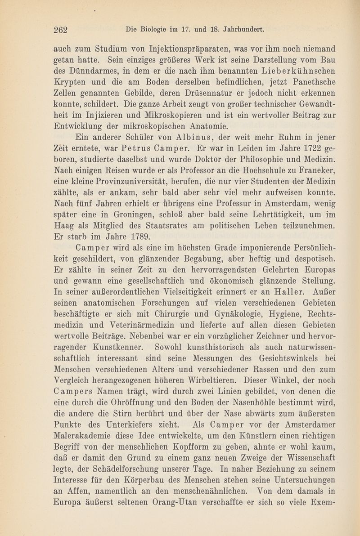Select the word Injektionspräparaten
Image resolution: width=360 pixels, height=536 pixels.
[x=175, y=48]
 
